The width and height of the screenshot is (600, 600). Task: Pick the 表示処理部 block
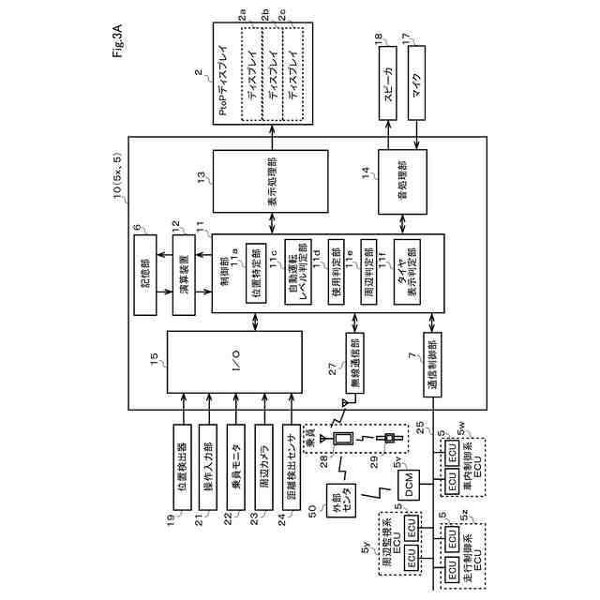pyautogui.click(x=273, y=179)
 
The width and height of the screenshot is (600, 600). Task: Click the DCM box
pyautogui.click(x=410, y=483)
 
